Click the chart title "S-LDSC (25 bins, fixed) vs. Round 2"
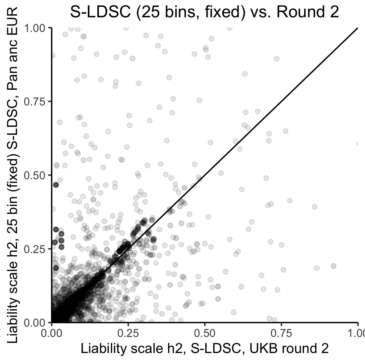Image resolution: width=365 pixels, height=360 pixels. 204,12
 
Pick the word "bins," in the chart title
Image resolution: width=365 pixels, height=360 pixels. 174,12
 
